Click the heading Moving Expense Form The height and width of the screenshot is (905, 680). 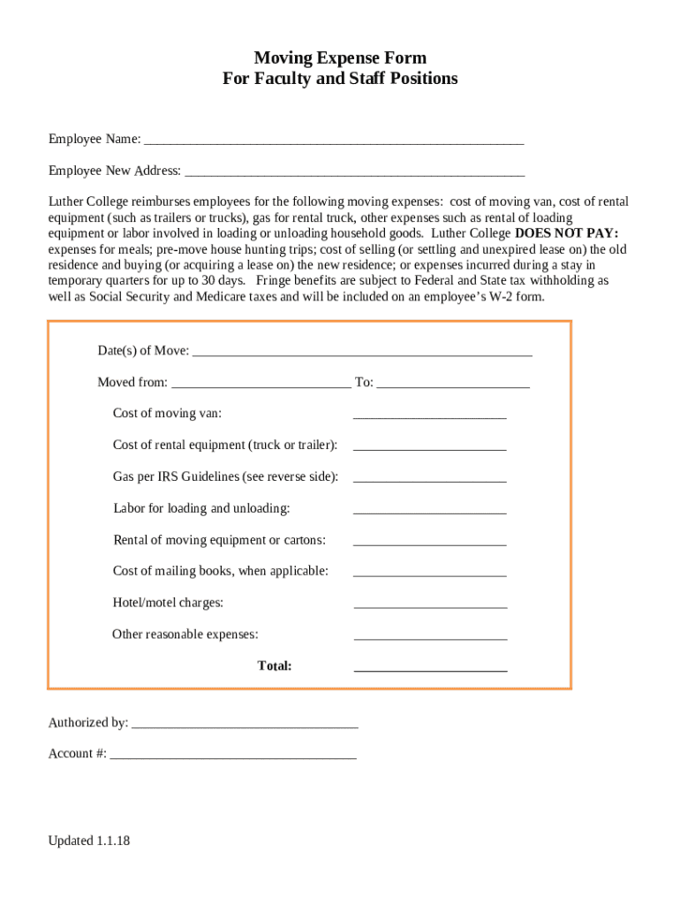(x=340, y=58)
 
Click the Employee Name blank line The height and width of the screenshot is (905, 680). (x=333, y=141)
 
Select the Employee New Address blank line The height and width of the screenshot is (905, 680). (x=354, y=172)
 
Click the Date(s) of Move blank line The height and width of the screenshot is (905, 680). (x=361, y=353)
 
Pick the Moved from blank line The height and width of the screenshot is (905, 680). (x=261, y=384)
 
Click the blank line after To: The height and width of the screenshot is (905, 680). (x=452, y=384)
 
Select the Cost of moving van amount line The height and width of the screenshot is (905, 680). (x=429, y=415)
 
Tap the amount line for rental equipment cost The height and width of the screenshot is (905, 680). (x=429, y=447)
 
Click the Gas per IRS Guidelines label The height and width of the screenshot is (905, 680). (x=225, y=476)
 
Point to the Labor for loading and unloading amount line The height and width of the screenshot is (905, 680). (x=429, y=511)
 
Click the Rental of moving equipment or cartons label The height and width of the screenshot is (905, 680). (x=219, y=540)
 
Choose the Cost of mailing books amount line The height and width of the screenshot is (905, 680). (x=429, y=574)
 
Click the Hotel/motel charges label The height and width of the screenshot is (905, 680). (x=168, y=603)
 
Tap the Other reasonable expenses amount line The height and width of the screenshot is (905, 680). (x=430, y=636)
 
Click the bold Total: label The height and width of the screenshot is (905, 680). (x=275, y=665)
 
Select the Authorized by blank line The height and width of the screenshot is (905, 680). (x=244, y=725)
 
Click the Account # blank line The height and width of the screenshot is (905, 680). (x=233, y=756)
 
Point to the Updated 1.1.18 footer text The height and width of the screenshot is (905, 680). (x=89, y=840)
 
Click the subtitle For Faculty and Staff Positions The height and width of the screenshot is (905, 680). (x=340, y=79)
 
